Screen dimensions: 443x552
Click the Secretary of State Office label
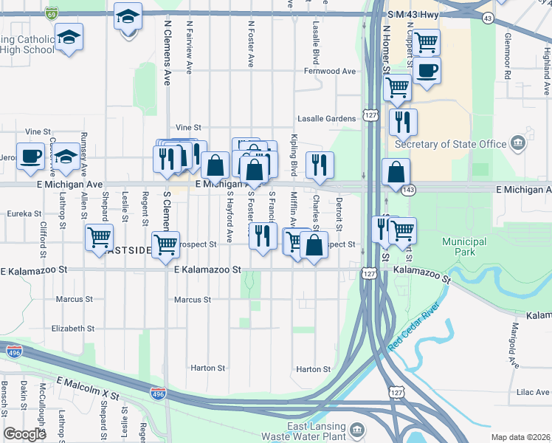click(x=450, y=144)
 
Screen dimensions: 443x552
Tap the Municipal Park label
click(x=464, y=247)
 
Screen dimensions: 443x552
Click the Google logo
click(x=24, y=434)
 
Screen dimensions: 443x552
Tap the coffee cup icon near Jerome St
click(x=31, y=157)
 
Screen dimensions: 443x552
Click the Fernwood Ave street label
click(x=330, y=72)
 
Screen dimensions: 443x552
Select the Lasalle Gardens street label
click(x=326, y=118)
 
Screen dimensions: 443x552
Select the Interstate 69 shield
click(x=51, y=13)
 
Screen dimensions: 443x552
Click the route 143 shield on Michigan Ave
click(x=407, y=190)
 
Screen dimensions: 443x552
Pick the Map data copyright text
click(x=521, y=437)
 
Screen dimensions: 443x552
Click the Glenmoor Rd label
click(x=508, y=55)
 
